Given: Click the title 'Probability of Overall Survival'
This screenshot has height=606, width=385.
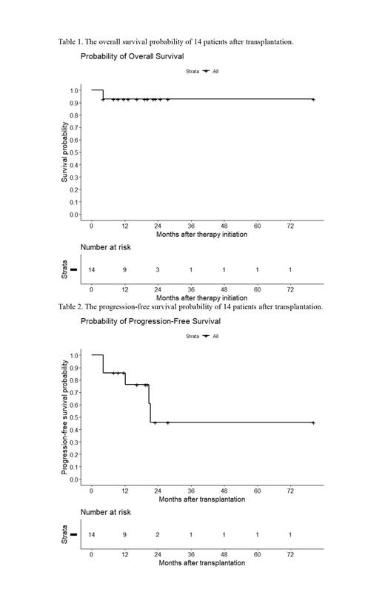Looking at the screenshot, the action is point(133,56).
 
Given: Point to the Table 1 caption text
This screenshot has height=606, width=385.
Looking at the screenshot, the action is point(175,41).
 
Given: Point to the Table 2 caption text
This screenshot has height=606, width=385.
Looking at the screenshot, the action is point(190,306).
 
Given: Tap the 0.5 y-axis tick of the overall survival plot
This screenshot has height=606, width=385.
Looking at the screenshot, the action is point(75,152).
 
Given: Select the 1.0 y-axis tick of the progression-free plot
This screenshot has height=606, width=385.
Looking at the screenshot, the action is point(75,355).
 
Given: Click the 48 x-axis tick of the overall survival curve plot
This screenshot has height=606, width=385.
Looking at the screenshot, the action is point(224,226).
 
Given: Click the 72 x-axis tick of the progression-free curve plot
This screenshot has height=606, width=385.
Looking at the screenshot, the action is point(290,491).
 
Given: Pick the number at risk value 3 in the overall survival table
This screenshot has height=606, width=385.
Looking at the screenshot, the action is point(158,270).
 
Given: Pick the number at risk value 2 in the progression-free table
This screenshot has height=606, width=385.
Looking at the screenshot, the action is point(158,535).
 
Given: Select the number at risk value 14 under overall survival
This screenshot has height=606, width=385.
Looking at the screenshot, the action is point(92,270).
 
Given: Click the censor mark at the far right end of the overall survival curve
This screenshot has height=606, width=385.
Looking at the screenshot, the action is point(313,99).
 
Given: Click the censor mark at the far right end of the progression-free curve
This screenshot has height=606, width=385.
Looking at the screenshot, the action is point(313,422).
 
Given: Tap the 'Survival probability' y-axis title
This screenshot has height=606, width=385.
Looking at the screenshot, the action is point(64,152).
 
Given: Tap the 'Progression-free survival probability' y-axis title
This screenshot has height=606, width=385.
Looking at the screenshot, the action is point(64,417).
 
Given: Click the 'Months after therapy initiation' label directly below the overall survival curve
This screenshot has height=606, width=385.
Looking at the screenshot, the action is point(201,235).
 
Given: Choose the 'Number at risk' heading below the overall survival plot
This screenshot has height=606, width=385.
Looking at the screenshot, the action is point(104,247).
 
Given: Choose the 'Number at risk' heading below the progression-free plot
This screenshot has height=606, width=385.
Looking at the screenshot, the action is point(104,512).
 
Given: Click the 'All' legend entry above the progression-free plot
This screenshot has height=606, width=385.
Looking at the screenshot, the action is point(215,337).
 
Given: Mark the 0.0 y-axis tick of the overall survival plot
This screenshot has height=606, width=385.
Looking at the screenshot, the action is point(75,215).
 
